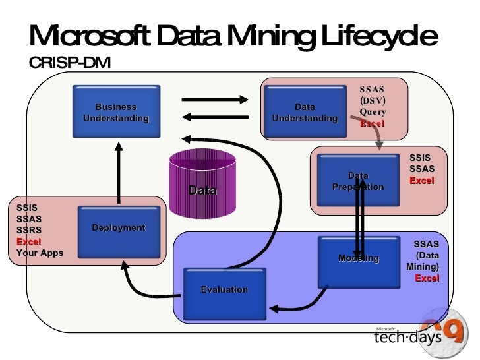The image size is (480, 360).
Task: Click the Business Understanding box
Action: (x=116, y=112)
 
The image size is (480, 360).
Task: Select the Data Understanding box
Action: (x=305, y=112)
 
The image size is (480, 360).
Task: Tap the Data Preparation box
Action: (x=358, y=181)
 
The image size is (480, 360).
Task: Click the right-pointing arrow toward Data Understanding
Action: (x=214, y=100)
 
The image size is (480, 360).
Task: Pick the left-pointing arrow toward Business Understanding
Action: (x=214, y=117)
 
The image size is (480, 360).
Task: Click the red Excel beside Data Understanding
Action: (x=373, y=123)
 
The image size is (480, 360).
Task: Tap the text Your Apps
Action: (x=40, y=253)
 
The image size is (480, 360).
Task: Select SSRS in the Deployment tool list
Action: (x=28, y=230)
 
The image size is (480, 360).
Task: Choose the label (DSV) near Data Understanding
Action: (x=373, y=100)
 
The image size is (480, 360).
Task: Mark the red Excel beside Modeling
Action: (x=427, y=278)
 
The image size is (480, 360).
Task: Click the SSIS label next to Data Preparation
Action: (x=420, y=158)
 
